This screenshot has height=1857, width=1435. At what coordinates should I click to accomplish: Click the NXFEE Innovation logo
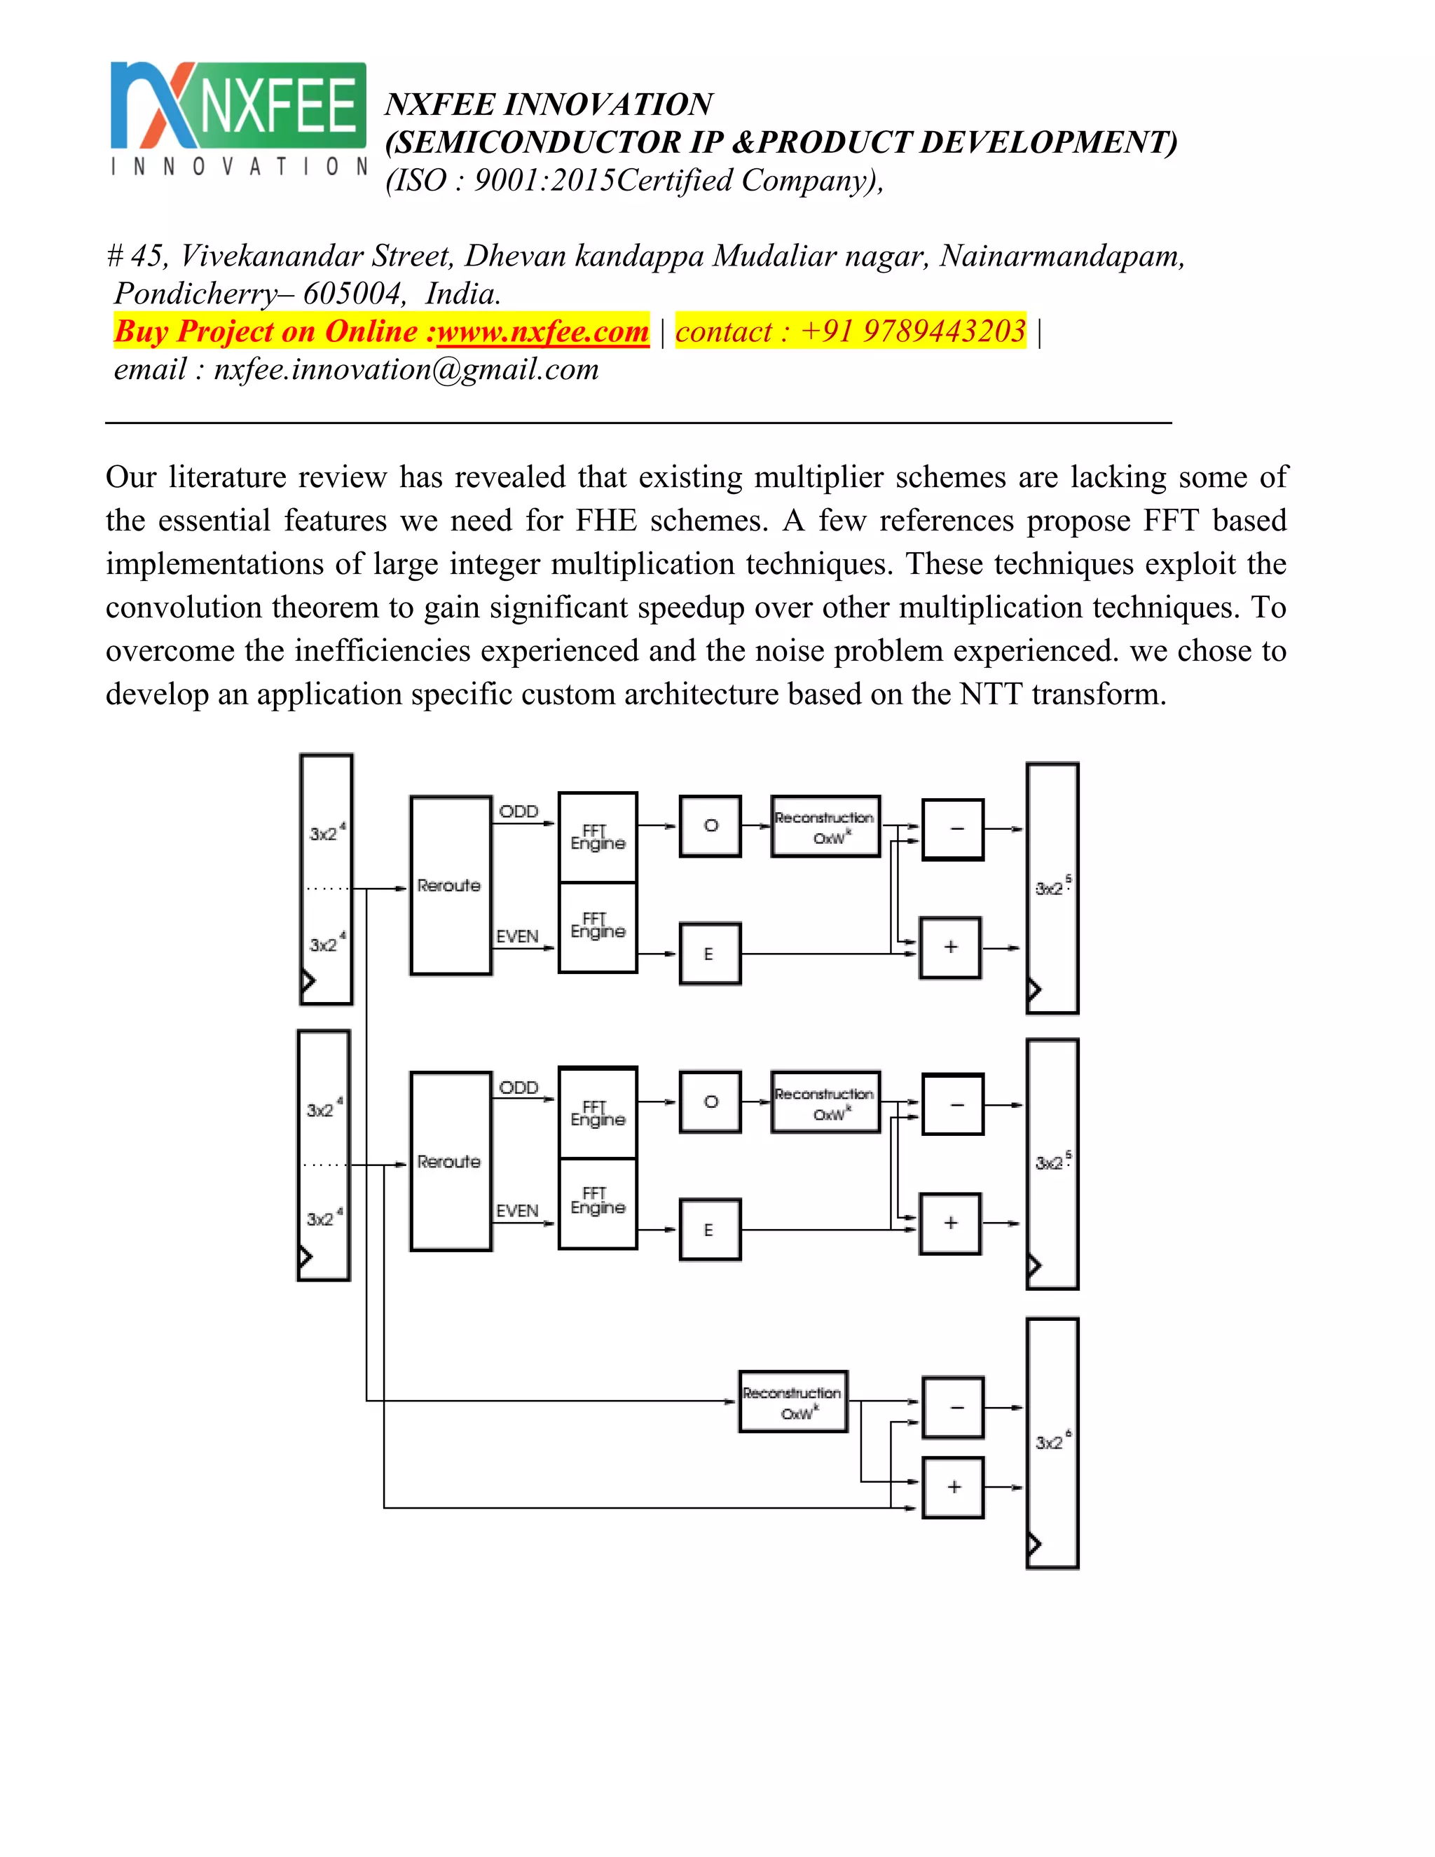coord(238,118)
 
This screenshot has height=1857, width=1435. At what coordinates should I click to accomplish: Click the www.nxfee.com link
coord(542,331)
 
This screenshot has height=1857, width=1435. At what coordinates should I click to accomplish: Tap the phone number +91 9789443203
coord(913,331)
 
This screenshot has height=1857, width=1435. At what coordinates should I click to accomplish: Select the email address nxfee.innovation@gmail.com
coord(406,369)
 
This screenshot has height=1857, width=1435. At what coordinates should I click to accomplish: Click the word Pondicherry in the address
coord(195,294)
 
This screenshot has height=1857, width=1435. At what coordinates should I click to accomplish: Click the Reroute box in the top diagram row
coord(450,885)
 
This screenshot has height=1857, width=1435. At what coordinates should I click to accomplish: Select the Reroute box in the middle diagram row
coord(450,1160)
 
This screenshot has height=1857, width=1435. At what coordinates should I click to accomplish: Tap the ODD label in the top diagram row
coord(519,811)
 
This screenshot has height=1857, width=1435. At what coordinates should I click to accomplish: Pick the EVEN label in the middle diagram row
coord(517,1210)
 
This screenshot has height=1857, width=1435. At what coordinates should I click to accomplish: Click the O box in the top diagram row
coord(710,825)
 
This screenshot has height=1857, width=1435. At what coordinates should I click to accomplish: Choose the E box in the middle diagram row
coord(709,1230)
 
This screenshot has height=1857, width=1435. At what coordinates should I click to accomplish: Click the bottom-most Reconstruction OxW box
coord(793,1402)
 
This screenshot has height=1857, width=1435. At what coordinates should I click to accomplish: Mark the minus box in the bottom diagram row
coord(953,1407)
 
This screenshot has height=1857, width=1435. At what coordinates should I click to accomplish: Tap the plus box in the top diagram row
coord(950,947)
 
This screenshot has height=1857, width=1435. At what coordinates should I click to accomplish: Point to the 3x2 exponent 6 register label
coord(1052,1442)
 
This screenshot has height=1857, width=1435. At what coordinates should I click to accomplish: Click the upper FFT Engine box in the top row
coord(598,837)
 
